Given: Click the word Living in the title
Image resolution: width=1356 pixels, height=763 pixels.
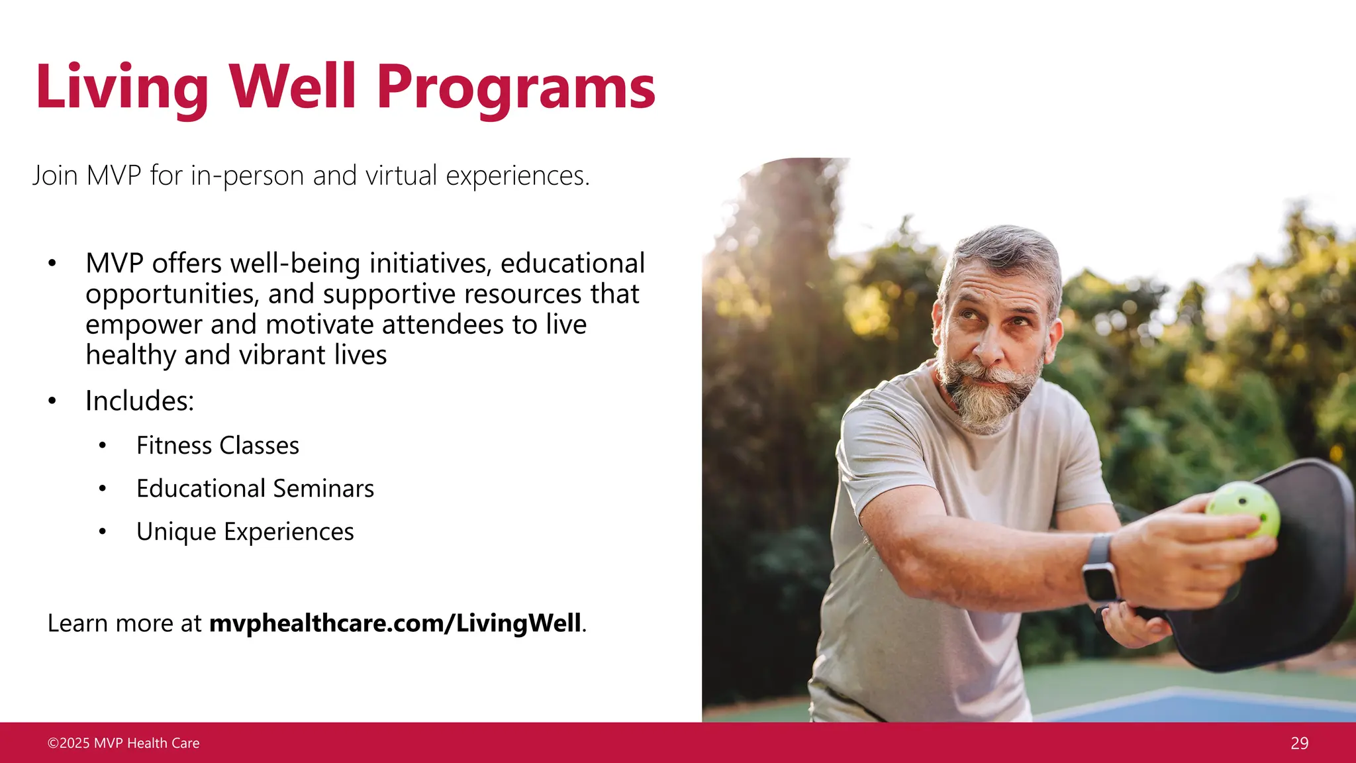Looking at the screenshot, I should [122, 87].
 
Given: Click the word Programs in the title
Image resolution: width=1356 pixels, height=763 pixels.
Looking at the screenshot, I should [516, 87].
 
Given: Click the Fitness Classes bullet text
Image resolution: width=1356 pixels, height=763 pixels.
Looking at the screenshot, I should [217, 446].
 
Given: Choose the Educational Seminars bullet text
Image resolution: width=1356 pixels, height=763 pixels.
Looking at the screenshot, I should [255, 489].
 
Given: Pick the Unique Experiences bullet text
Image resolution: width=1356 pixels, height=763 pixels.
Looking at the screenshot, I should [245, 532].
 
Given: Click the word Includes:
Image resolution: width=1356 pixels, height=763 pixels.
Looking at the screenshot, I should [140, 401].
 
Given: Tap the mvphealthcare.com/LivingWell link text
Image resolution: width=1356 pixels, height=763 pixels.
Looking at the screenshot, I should [395, 623].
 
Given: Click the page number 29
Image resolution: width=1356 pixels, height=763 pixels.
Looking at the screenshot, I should [1299, 743].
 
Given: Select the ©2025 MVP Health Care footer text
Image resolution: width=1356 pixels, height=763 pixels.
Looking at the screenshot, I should [123, 743].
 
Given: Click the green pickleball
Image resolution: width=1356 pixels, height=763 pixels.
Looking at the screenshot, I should [1244, 509].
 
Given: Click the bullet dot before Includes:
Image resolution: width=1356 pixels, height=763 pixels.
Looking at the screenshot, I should [52, 401].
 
